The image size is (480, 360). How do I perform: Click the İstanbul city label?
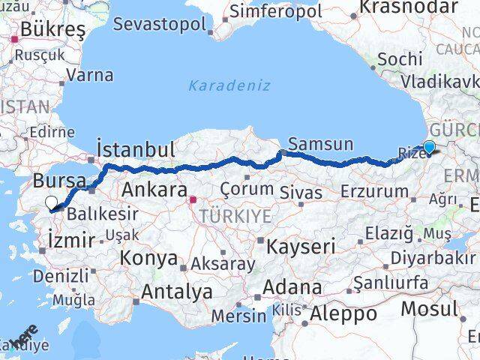click(x=136, y=148)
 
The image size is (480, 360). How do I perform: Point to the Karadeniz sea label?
click(x=229, y=85)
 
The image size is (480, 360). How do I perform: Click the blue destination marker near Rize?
click(x=429, y=148)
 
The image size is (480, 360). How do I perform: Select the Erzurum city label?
click(x=374, y=192)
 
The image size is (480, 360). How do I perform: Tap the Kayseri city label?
click(x=299, y=246)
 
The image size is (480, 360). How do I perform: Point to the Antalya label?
click(x=176, y=292)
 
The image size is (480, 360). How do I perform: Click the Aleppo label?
click(x=343, y=313)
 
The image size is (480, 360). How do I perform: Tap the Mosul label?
click(x=428, y=307)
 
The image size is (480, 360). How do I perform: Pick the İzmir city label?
click(x=70, y=240)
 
